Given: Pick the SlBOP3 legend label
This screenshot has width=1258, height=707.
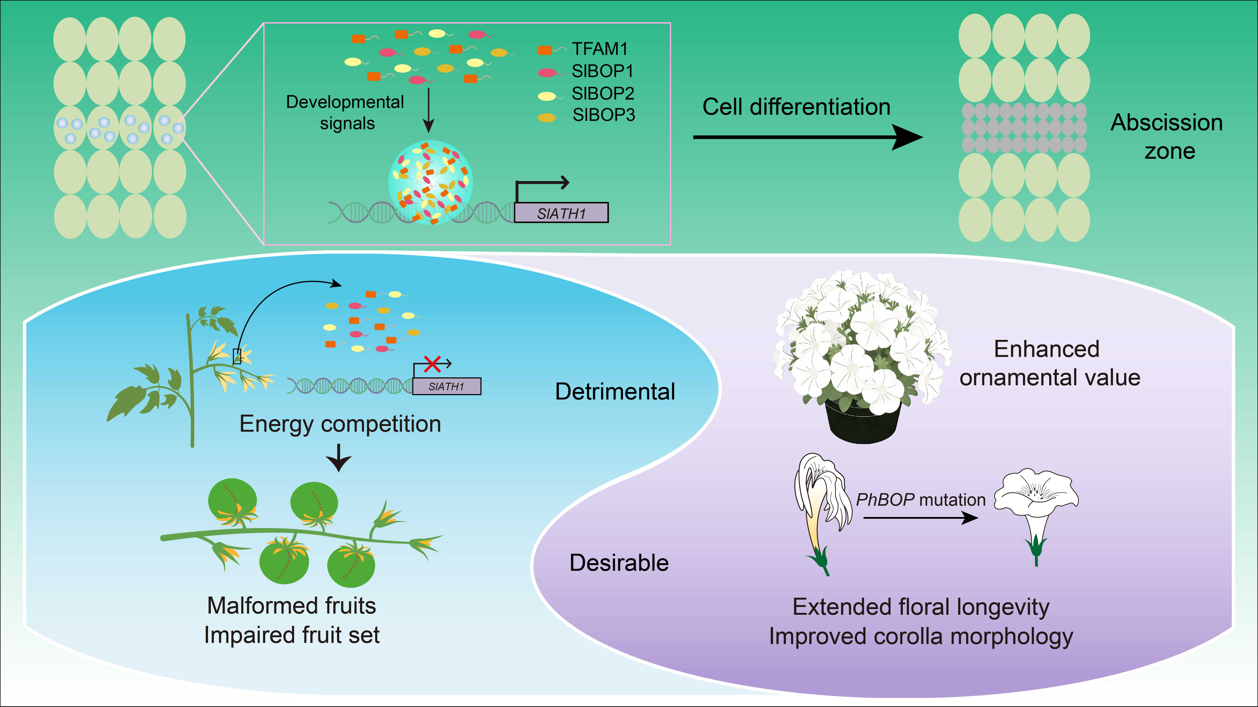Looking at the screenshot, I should click(x=604, y=115).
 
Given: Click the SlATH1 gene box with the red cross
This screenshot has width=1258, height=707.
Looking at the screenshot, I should click(x=446, y=386).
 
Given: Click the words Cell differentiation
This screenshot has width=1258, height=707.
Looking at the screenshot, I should click(x=796, y=107).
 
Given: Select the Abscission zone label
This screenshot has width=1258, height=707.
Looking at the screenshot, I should click(x=1167, y=137).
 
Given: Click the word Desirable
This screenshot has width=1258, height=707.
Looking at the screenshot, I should click(x=619, y=562).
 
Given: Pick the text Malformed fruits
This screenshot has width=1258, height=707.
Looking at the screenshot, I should click(x=292, y=606).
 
